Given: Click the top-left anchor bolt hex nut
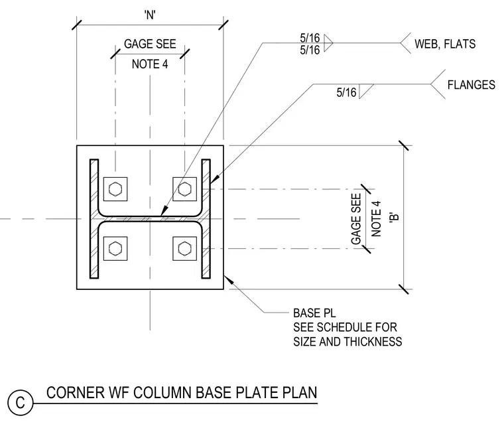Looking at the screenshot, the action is click(x=115, y=189).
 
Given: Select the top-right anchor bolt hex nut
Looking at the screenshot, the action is click(x=184, y=189).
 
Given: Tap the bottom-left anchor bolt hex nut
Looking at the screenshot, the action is click(x=115, y=248).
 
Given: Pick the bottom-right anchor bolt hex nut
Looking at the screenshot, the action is click(x=184, y=248).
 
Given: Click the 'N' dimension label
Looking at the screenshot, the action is click(x=150, y=15).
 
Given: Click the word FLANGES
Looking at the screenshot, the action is click(x=472, y=85).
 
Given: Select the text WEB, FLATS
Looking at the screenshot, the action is click(x=445, y=44).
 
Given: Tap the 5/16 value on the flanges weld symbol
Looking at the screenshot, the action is click(x=346, y=93).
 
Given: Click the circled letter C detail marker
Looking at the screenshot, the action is click(x=21, y=403).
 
